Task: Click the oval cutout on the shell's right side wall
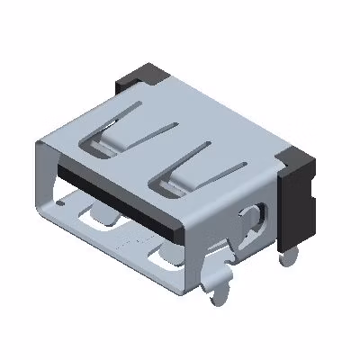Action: click(x=252, y=221)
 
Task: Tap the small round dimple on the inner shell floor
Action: click(x=60, y=205)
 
